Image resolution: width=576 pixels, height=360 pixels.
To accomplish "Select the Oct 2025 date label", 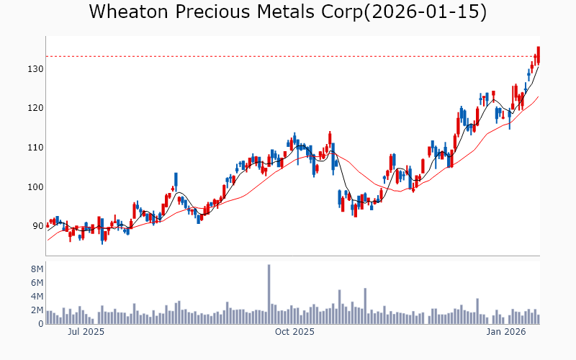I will click(295, 332).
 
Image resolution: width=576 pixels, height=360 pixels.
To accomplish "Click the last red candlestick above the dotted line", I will click(538, 55).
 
